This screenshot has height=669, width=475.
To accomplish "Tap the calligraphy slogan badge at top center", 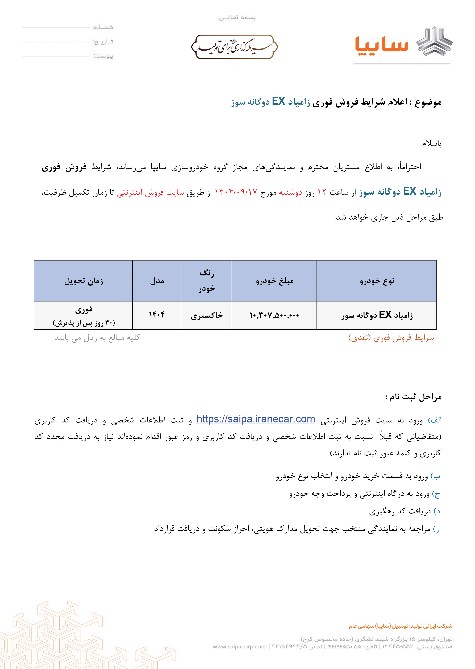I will click(x=234, y=47).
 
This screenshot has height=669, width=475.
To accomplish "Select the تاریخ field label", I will click(x=103, y=42).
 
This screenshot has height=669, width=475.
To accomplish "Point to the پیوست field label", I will click(x=103, y=56).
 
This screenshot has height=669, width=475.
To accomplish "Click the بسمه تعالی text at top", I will click(x=237, y=18).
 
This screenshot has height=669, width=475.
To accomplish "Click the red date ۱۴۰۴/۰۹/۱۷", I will click(x=236, y=192).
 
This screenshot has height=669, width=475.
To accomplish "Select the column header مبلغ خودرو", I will click(x=274, y=281).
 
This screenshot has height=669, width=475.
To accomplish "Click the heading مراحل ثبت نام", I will click(x=413, y=397).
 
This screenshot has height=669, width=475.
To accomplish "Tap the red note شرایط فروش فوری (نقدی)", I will click(x=391, y=338).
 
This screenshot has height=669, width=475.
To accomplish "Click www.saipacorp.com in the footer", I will click(x=240, y=646).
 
